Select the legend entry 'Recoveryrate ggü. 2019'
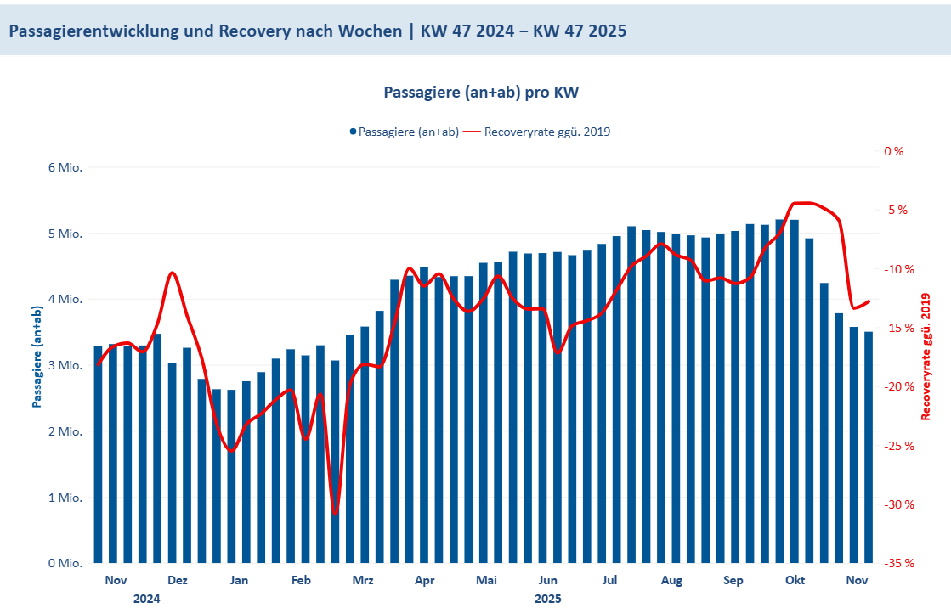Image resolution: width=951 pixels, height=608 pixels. (546, 132)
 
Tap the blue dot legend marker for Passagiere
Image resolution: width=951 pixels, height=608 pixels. (352, 132)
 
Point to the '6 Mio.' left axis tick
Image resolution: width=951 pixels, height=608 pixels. (65, 167)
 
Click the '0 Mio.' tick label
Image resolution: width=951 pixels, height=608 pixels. (65, 563)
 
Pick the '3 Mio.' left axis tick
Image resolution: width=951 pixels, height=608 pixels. (65, 365)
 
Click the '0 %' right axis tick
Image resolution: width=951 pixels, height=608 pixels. (893, 151)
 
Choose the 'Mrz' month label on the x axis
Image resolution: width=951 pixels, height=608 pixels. (363, 581)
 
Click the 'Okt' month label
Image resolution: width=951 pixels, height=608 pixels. (795, 581)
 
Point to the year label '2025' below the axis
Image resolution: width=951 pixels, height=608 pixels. (548, 599)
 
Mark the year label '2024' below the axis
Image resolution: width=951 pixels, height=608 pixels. (147, 599)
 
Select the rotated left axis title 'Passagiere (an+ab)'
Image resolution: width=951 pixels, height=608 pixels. (37, 357)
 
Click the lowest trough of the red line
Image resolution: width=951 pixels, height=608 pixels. (336, 514)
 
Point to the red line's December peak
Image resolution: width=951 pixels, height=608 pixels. (172, 273)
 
